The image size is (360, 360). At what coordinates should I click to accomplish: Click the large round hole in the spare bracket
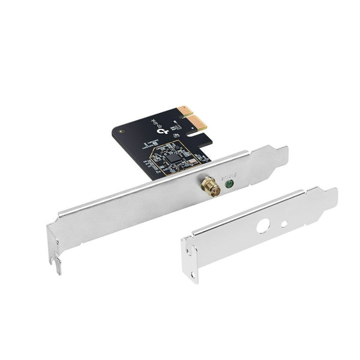(x=262, y=227)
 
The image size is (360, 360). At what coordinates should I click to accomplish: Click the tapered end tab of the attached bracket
(x=277, y=157)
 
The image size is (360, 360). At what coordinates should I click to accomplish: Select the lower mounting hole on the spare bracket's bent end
(x=193, y=275)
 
